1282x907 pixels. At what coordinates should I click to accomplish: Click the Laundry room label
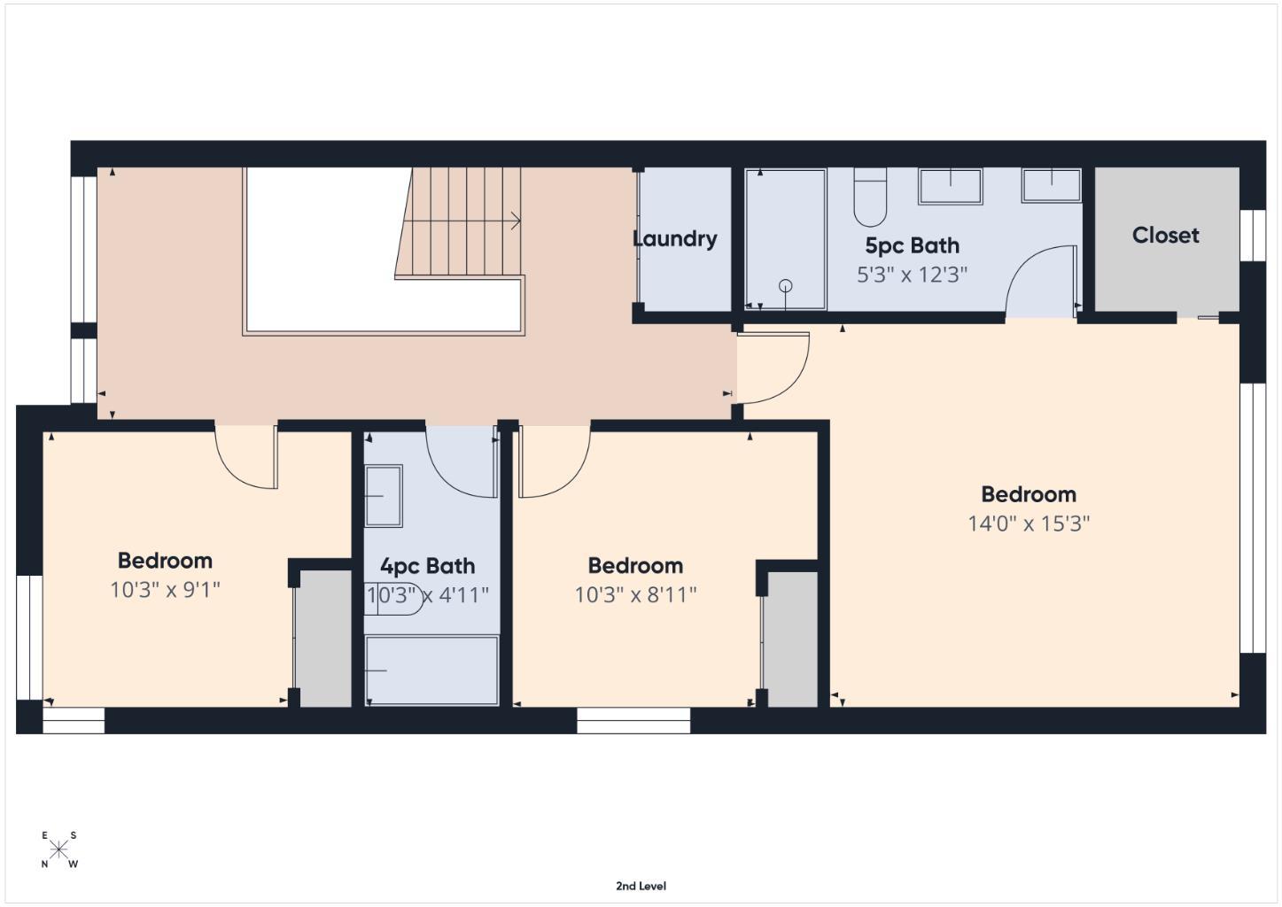(674, 238)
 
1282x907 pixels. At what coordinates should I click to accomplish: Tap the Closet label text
(1165, 235)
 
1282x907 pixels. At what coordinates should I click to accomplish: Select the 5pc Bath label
(912, 245)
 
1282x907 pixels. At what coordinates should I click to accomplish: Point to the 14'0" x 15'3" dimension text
(1028, 523)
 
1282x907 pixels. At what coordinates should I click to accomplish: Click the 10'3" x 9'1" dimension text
(165, 589)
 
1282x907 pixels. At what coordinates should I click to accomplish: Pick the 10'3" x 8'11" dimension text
(635, 594)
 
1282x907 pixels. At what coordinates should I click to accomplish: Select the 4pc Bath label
(427, 566)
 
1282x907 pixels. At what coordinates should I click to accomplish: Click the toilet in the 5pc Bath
(870, 198)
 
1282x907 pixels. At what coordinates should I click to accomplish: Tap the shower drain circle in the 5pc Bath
(785, 285)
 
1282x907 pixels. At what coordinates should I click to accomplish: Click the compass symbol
(58, 849)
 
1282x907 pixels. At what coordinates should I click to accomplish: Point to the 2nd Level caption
(641, 886)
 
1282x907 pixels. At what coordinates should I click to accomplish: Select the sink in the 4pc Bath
(384, 495)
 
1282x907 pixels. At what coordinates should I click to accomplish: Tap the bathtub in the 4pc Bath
(431, 670)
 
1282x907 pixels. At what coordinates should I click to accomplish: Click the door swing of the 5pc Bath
(1040, 282)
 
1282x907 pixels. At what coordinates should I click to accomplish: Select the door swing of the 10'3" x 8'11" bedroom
(554, 461)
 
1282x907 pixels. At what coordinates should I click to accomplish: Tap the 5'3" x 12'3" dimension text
(912, 275)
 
